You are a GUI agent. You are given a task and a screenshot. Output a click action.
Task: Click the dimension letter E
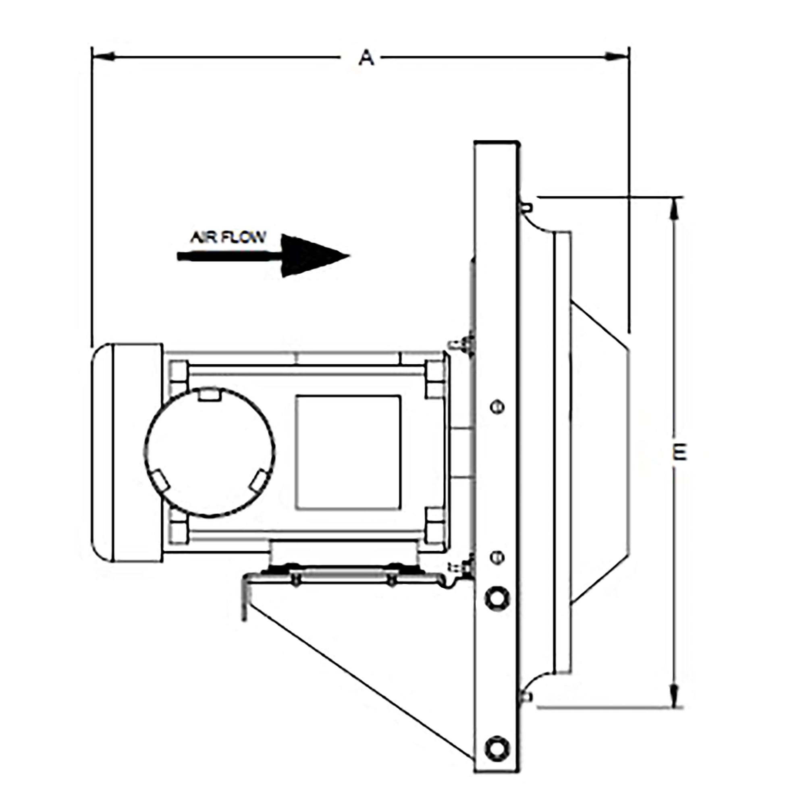click(x=680, y=452)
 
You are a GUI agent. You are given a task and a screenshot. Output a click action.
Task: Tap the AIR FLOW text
click(x=228, y=237)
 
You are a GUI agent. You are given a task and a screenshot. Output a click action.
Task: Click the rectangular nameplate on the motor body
click(x=348, y=453)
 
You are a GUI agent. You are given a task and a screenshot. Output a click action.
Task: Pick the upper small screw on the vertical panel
click(x=497, y=406)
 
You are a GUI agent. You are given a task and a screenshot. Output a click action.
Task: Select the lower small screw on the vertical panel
click(x=497, y=557)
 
